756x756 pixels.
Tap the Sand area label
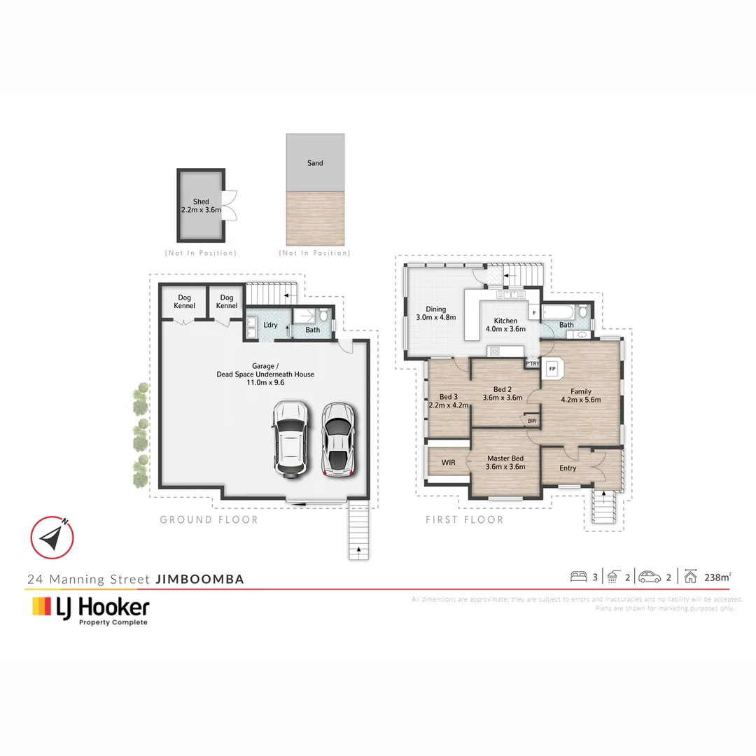(x=315, y=163)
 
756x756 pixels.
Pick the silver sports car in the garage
(x=337, y=439)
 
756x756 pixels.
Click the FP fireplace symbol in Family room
(x=552, y=369)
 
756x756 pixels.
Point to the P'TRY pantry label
(x=532, y=364)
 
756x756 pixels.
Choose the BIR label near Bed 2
(x=532, y=421)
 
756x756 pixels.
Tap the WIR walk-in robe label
(x=449, y=463)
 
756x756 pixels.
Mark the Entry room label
(x=568, y=468)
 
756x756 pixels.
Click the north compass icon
(x=52, y=538)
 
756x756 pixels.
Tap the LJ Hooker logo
(x=90, y=609)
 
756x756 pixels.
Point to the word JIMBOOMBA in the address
(x=199, y=579)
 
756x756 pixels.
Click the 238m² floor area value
(x=717, y=577)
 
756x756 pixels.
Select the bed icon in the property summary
(x=578, y=577)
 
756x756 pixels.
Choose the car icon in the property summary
(x=649, y=577)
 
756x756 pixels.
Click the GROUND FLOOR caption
(x=209, y=519)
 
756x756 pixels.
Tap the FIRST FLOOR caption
(x=465, y=519)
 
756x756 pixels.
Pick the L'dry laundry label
(x=270, y=325)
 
